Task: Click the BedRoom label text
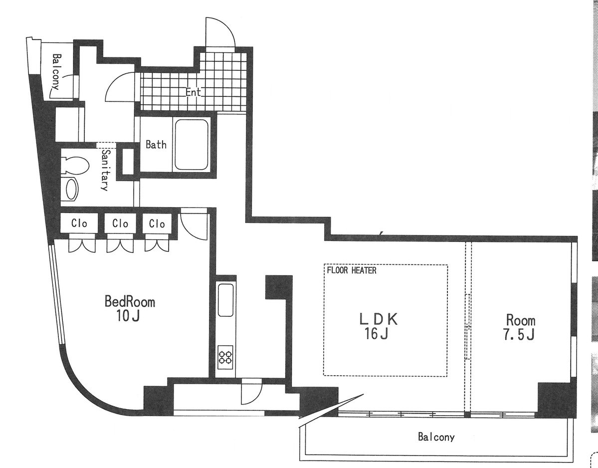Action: click(129, 302)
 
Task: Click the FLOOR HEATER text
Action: click(352, 270)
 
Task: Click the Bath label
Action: click(156, 145)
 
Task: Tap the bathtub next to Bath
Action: click(191, 145)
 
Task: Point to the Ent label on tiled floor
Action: click(194, 92)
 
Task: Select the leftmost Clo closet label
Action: click(79, 224)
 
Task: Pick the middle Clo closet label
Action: click(120, 224)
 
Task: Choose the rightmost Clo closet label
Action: click(157, 224)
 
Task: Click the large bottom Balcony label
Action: click(436, 438)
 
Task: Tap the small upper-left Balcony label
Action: click(55, 71)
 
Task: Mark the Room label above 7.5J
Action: click(521, 320)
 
